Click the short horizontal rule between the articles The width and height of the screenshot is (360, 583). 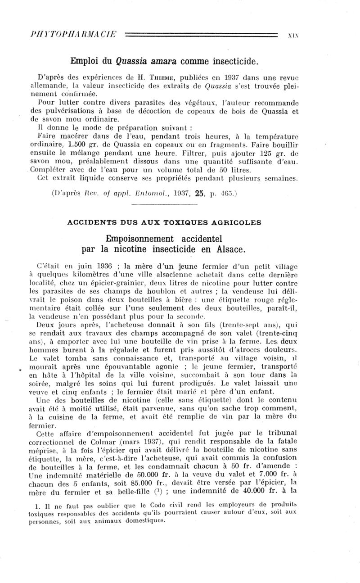pos(180,207)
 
